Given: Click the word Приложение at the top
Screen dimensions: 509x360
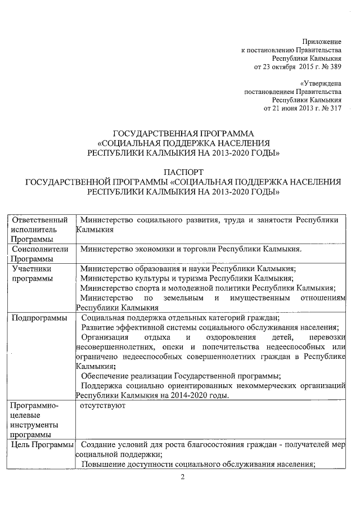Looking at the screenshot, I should pyautogui.click(x=322, y=42).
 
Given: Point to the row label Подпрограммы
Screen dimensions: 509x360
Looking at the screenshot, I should pyautogui.click(x=42, y=319).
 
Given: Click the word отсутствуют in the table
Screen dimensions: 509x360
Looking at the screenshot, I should pyautogui.click(x=102, y=405).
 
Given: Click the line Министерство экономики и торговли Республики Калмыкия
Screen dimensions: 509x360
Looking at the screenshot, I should pyautogui.click(x=191, y=249).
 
